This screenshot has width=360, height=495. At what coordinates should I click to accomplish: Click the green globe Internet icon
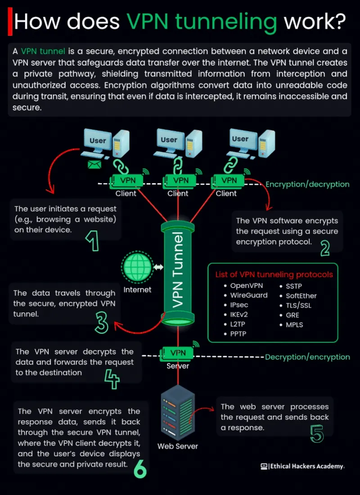point(137,267)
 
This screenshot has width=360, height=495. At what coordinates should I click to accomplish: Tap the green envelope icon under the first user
point(94,165)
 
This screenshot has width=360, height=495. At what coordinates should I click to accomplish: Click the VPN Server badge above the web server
point(178,352)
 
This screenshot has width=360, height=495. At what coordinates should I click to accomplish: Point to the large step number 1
point(92,241)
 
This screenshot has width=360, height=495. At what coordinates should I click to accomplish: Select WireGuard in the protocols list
point(249,295)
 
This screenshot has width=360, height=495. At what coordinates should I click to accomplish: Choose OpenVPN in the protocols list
point(247,285)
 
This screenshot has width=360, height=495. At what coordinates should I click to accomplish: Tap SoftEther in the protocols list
point(301,296)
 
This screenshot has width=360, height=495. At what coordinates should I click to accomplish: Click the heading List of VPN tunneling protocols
point(274,274)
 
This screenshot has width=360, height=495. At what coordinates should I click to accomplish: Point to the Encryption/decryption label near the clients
point(307,184)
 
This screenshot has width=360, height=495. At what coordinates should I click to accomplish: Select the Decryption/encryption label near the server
point(307,357)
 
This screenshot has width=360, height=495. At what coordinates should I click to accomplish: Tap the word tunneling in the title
point(201,21)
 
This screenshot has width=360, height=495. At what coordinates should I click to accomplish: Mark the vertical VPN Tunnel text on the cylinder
point(179,270)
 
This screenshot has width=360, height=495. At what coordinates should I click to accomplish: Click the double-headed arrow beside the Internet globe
point(158,267)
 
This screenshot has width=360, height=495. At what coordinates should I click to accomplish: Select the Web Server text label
point(178,446)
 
